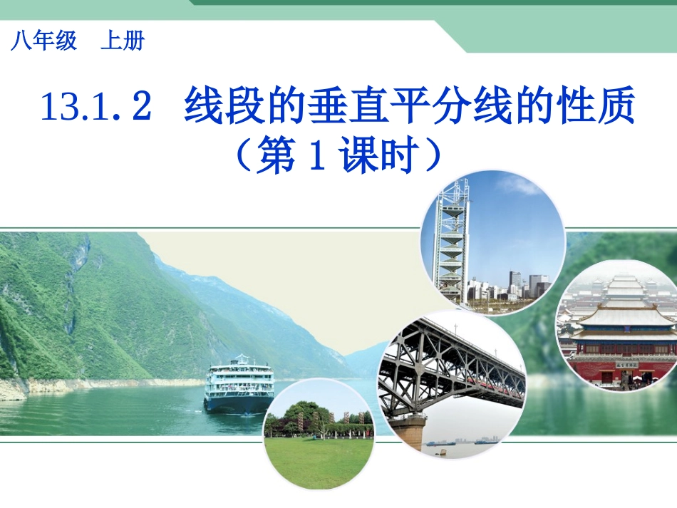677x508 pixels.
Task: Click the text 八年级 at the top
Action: [x=43, y=42]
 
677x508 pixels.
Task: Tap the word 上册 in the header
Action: [x=122, y=42]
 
